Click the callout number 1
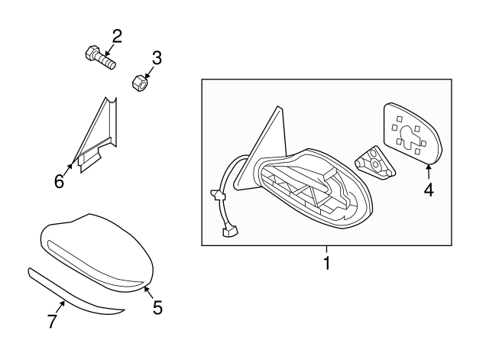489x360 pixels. pyautogui.click(x=326, y=265)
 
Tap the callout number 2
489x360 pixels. pyautogui.click(x=117, y=35)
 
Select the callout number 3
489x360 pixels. pyautogui.click(x=156, y=57)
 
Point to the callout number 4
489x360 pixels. pyautogui.click(x=429, y=190)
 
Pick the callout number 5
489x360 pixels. pyautogui.click(x=157, y=307)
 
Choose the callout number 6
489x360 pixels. pyautogui.click(x=58, y=181)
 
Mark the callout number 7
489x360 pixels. pyautogui.click(x=53, y=322)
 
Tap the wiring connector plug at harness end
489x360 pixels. pyautogui.click(x=228, y=231)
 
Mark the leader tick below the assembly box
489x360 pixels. pyautogui.click(x=326, y=251)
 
